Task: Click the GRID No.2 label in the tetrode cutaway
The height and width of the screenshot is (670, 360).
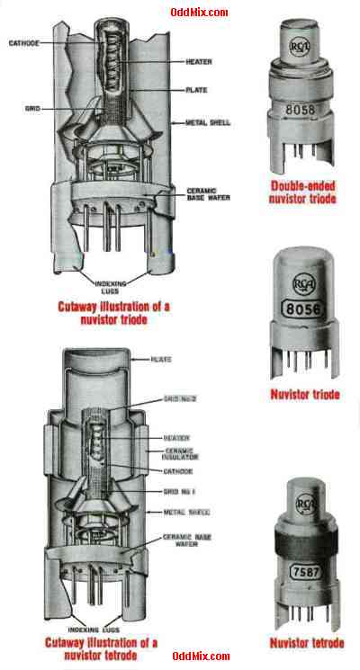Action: [x=180, y=396]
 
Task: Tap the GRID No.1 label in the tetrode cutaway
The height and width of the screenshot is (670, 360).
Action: [x=180, y=493]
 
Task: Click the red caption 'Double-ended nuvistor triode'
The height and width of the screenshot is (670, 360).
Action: [x=303, y=192]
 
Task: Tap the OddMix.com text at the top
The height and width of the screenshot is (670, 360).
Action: [x=199, y=12]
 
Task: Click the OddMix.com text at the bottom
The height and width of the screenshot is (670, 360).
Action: [x=199, y=657]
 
